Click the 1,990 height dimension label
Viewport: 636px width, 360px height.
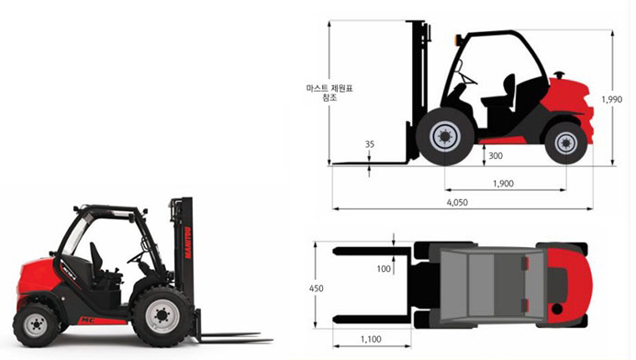tap(611, 99)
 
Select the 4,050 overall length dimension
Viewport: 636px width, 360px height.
tap(457, 202)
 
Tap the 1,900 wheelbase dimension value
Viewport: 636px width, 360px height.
tap(503, 184)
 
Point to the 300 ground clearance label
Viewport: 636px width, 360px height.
tap(496, 155)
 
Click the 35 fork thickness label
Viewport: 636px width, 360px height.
tap(370, 144)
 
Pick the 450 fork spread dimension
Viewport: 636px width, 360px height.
tap(317, 288)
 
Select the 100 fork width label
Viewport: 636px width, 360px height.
tap(384, 268)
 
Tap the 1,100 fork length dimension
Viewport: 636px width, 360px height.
tap(371, 339)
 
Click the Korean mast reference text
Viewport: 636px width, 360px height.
tap(329, 93)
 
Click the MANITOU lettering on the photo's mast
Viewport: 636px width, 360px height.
tap(188, 242)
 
